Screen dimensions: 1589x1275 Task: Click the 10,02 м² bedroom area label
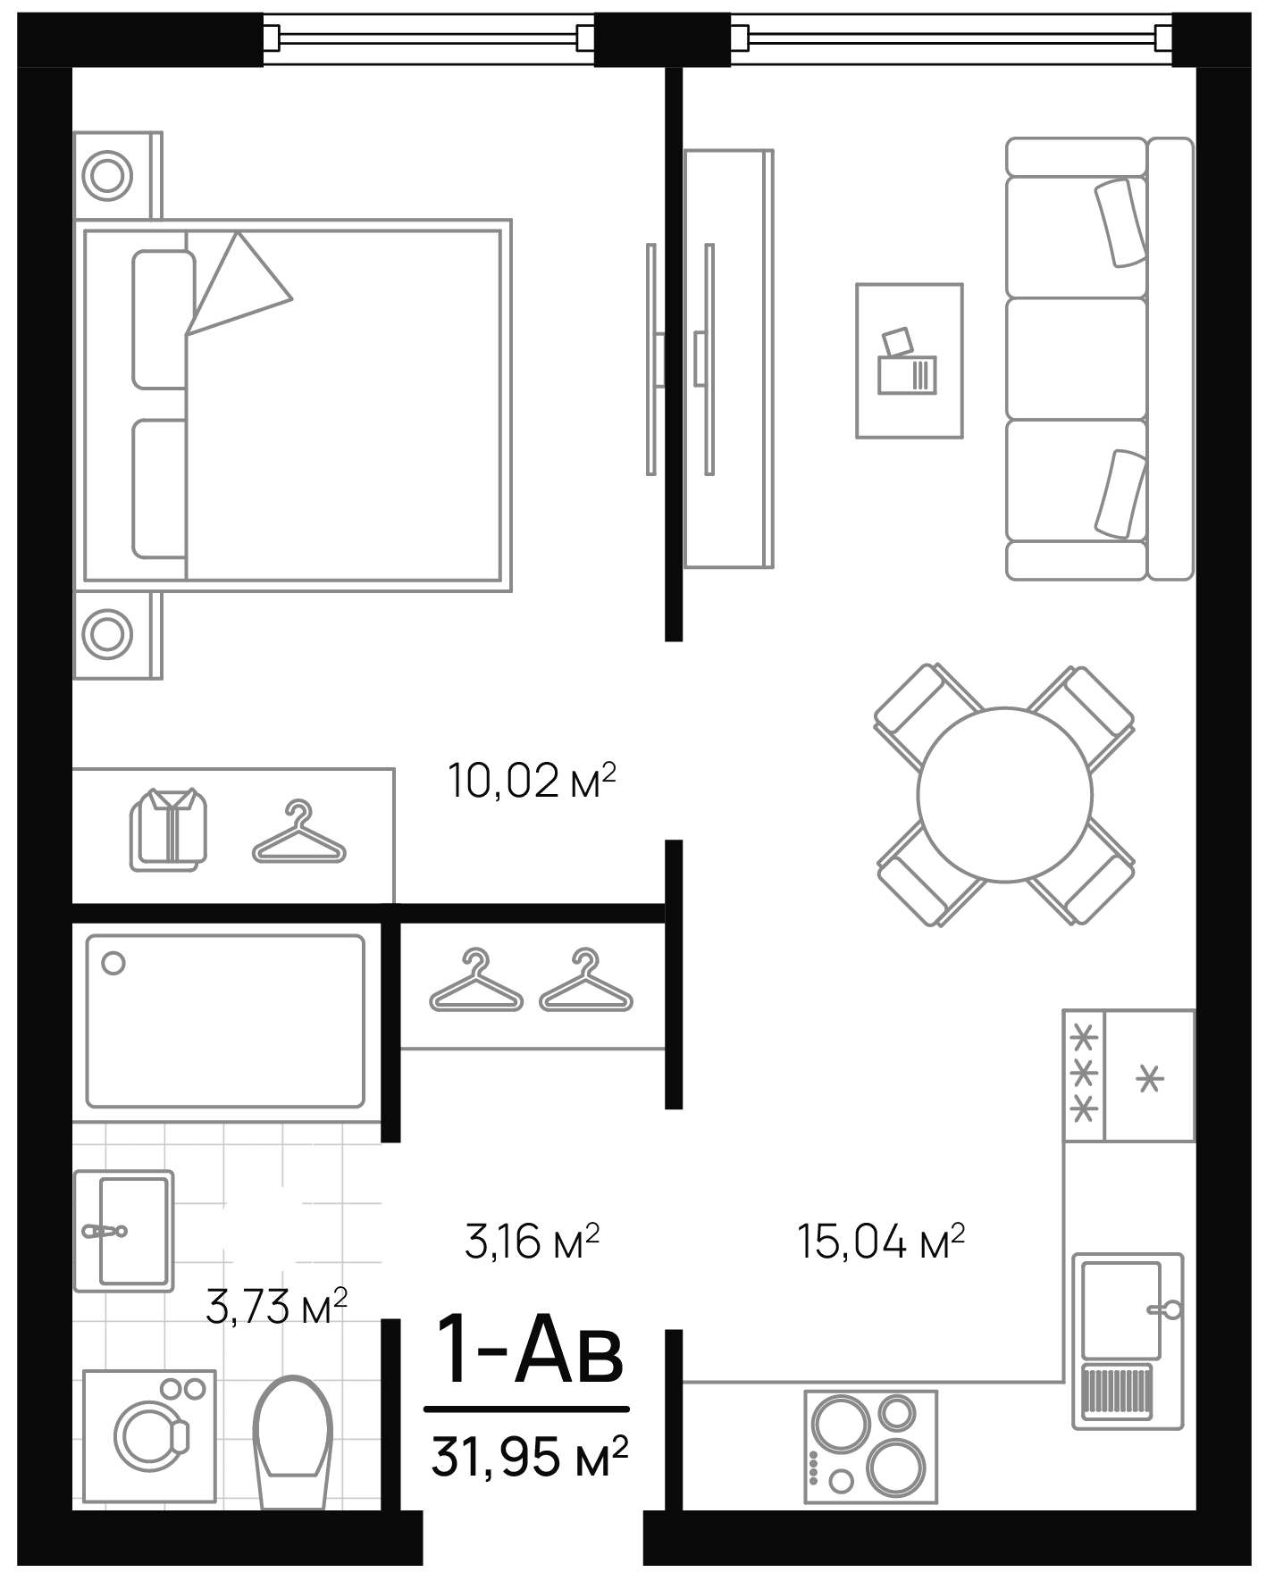click(533, 782)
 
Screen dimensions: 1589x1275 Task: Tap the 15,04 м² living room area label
click(881, 1242)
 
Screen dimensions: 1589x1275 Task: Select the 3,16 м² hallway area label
click(533, 1242)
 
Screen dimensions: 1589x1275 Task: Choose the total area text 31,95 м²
click(530, 1457)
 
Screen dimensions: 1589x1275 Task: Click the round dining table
click(1005, 794)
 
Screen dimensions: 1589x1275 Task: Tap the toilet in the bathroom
click(293, 1434)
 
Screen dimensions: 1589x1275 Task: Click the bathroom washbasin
click(125, 1230)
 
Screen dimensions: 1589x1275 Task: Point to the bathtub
click(225, 1021)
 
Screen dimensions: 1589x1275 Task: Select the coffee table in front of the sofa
click(910, 361)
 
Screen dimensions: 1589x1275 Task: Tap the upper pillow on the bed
click(163, 320)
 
